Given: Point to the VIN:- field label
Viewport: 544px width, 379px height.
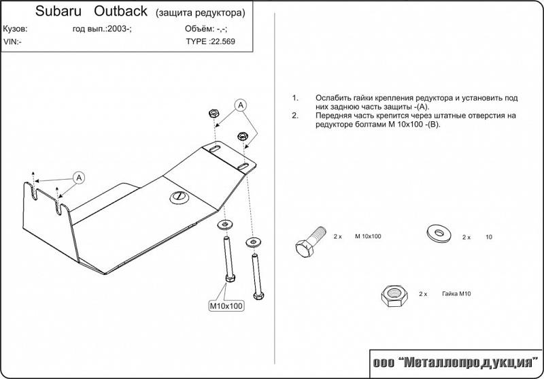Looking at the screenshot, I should click(x=13, y=41).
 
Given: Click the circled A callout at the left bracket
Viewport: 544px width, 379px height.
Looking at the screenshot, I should click(x=79, y=178).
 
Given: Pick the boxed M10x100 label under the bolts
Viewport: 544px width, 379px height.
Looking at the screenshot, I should click(x=226, y=306).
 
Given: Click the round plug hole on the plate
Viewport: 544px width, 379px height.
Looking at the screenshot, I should click(x=179, y=197).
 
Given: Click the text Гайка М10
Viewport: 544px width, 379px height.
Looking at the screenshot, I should click(x=456, y=294).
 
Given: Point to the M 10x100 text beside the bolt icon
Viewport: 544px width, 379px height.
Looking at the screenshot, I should click(x=367, y=237).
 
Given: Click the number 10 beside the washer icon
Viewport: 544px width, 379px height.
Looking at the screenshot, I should click(x=488, y=237).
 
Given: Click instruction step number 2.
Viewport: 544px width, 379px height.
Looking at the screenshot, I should click(x=294, y=116).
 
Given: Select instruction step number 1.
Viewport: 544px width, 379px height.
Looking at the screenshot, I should click(x=294, y=98).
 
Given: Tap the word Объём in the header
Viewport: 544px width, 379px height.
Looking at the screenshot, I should click(x=198, y=29).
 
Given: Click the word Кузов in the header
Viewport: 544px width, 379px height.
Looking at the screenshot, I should click(x=15, y=29).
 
